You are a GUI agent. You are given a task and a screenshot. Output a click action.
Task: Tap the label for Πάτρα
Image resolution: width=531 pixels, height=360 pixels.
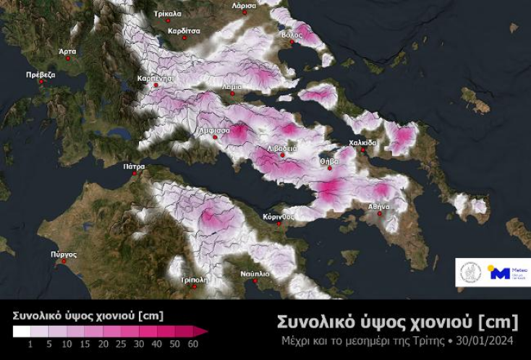tap(134, 166)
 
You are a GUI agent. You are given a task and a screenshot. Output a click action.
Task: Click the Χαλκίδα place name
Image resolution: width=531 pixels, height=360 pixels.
tap(362, 142)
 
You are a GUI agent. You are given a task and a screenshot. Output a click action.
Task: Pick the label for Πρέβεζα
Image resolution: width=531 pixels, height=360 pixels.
tap(41, 74)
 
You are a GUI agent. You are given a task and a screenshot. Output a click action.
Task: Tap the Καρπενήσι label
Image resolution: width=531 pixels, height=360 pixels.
tap(155, 78)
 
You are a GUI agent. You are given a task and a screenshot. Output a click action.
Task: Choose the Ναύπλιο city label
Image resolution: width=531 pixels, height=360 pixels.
tap(255, 274)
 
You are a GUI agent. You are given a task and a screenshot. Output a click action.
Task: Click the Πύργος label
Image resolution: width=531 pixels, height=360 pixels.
tap(64, 254)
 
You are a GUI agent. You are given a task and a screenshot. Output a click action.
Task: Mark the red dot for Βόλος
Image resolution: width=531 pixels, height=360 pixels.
tap(293, 42)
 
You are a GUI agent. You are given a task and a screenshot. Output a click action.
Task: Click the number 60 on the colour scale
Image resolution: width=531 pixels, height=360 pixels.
tap(192, 344)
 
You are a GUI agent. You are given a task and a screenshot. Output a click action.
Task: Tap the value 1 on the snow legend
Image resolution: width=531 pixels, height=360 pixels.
tap(30, 344)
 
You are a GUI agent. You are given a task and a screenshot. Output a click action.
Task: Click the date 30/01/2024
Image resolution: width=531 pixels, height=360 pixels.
tap(488, 340)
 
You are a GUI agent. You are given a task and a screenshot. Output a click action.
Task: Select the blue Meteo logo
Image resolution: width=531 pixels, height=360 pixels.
tap(506, 273)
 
